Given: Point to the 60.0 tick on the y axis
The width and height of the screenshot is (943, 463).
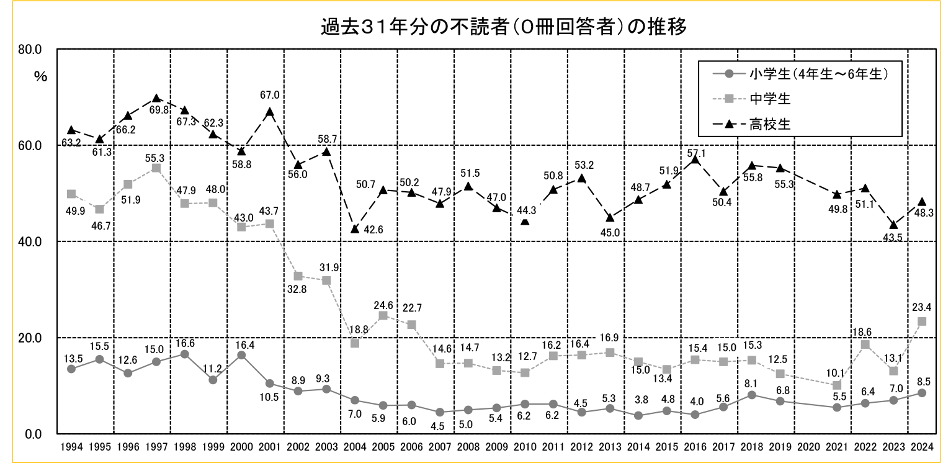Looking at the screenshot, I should pyautogui.click(x=29, y=146).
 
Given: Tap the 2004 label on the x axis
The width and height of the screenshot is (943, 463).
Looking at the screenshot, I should pyautogui.click(x=354, y=446).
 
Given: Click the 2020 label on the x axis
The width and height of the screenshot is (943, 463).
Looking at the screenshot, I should pyautogui.click(x=808, y=446).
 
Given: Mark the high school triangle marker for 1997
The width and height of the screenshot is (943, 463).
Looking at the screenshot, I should pyautogui.click(x=156, y=98).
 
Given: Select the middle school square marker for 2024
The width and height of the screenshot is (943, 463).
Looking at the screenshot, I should pyautogui.click(x=922, y=321).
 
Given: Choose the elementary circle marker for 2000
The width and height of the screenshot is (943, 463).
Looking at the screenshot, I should pyautogui.click(x=241, y=355).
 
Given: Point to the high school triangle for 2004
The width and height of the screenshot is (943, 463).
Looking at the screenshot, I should pyautogui.click(x=355, y=229).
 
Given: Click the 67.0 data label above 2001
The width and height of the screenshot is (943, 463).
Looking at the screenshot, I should pyautogui.click(x=269, y=95).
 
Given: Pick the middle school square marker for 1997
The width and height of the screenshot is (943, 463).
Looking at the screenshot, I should pyautogui.click(x=156, y=168).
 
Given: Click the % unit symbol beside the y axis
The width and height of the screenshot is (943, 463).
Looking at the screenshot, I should pyautogui.click(x=41, y=77).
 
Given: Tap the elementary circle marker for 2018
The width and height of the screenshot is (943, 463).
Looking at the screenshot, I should pyautogui.click(x=752, y=395).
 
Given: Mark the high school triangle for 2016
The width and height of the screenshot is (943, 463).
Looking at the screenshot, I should pyautogui.click(x=695, y=160).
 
